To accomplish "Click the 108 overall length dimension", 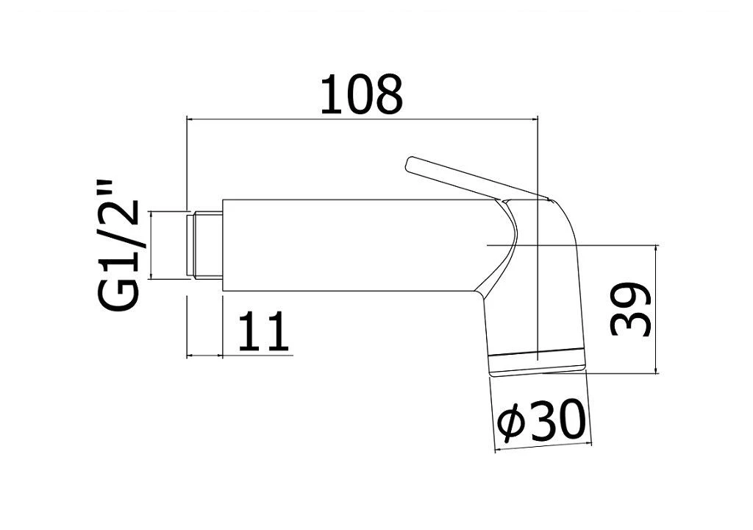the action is pyautogui.click(x=361, y=95).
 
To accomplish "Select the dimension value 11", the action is pyautogui.click(x=264, y=331).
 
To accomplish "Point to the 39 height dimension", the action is pyautogui.click(x=630, y=309).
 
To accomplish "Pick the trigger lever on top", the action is pyautogui.click(x=476, y=180).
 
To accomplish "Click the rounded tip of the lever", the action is pyautogui.click(x=410, y=163).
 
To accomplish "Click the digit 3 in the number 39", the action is pyautogui.click(x=630, y=323).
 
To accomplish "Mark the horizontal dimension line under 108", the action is pyautogui.click(x=362, y=119).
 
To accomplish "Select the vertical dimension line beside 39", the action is pyautogui.click(x=656, y=308).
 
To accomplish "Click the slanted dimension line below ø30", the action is pyautogui.click(x=543, y=446).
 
